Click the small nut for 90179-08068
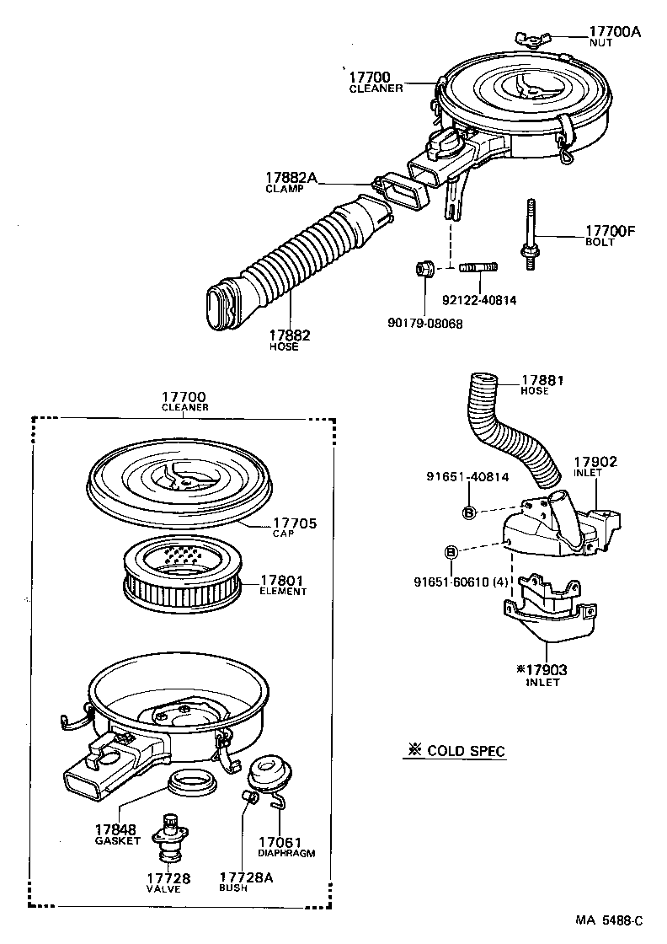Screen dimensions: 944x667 pos(424,270)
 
